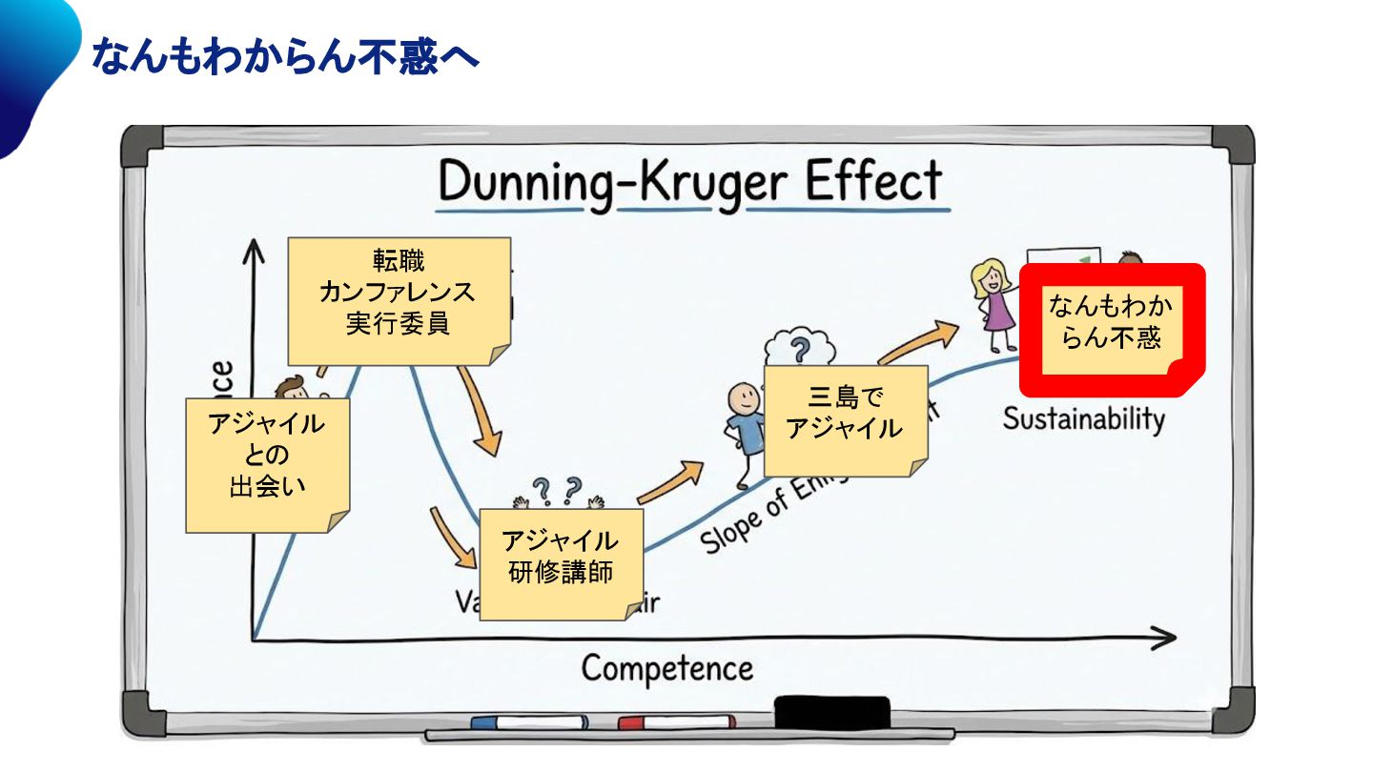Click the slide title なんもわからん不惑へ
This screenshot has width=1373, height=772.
284,57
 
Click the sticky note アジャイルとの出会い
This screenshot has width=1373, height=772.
266,464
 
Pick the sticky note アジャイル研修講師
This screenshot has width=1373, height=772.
560,563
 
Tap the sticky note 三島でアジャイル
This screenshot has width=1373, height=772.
845,419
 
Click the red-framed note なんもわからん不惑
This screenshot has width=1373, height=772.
1111,330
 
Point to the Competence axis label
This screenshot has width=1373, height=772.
666,668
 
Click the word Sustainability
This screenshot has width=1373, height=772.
1083,419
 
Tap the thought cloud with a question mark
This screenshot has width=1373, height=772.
801,346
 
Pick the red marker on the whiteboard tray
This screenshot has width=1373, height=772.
676,722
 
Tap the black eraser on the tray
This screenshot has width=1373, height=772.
831,711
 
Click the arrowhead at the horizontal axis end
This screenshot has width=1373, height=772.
1164,639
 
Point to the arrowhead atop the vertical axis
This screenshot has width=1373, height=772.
253,249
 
